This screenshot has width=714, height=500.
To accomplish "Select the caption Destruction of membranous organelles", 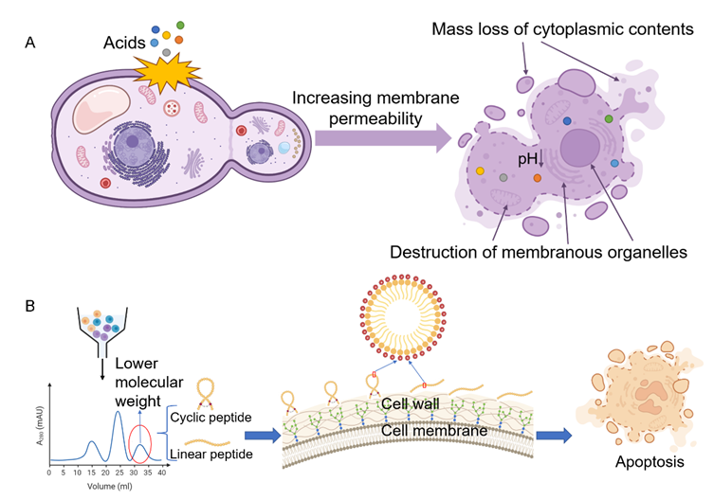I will [x=538, y=254].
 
